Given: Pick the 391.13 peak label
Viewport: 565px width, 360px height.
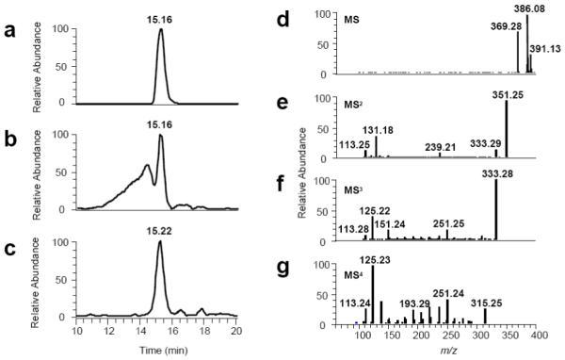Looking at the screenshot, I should coord(545,49).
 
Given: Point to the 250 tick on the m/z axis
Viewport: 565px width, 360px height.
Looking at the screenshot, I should coord(448,333).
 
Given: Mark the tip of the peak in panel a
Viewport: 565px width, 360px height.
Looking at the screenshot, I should coord(161,29).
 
